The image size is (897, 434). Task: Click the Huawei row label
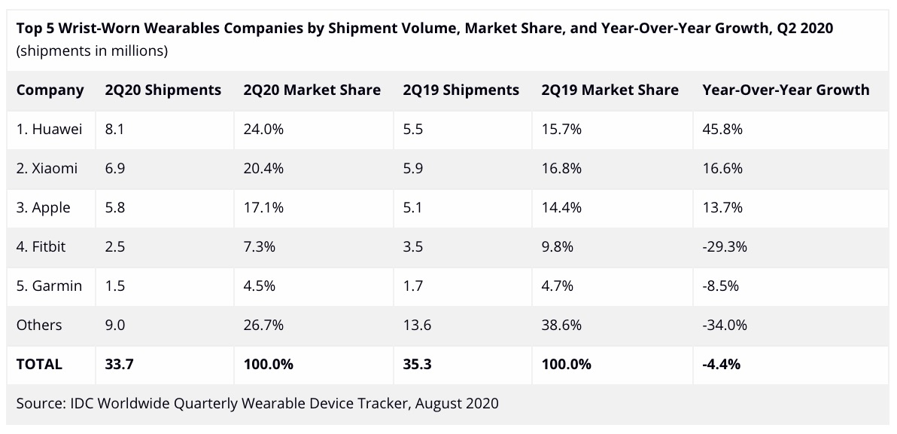pos(49,129)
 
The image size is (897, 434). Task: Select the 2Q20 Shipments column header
pos(163,90)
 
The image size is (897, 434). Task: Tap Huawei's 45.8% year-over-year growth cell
pos(722,129)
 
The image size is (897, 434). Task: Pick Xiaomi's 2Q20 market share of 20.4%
pos(263,168)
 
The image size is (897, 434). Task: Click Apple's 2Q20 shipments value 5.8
pos(115,207)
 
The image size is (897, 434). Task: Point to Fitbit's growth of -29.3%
pos(725,246)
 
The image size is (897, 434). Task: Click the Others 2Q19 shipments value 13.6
pos(418,325)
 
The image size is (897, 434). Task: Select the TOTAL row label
pos(39,364)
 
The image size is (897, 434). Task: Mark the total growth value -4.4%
pos(721,364)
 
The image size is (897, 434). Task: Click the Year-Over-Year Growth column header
pos(786,90)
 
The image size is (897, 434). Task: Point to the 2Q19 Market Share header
pos(610,90)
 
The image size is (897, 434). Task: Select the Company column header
pos(50,90)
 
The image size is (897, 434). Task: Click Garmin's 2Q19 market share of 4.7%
pos(558,286)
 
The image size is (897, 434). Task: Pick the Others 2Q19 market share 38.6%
pos(561,325)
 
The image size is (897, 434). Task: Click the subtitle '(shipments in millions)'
pos(92,51)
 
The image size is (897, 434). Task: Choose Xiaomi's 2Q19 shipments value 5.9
pos(413,168)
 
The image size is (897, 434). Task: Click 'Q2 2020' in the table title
pos(806,28)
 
